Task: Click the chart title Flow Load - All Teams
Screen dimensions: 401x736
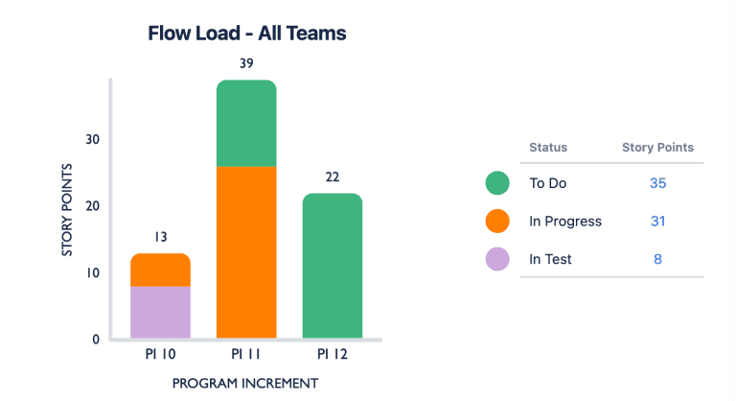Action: [x=246, y=34]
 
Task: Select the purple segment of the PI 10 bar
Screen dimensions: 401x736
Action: [x=160, y=312]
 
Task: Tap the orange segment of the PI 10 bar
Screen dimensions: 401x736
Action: [x=160, y=270]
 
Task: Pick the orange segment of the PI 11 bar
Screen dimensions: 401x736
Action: [x=246, y=252]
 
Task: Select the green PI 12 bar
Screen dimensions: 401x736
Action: [x=333, y=266]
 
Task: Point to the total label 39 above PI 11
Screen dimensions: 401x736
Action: [x=246, y=63]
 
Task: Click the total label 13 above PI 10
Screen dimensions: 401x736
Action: [x=160, y=237]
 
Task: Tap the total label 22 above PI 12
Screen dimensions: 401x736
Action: [x=333, y=177]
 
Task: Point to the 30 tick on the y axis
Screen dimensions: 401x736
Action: [x=92, y=139]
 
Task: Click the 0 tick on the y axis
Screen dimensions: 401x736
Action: [x=96, y=340]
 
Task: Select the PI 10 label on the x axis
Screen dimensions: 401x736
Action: [x=160, y=355]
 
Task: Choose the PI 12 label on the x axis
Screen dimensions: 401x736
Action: [x=333, y=355]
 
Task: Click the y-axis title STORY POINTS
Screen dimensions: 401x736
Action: [x=68, y=210]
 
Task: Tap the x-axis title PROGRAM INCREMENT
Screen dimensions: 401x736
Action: [x=246, y=383]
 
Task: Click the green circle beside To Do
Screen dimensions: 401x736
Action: [x=496, y=183]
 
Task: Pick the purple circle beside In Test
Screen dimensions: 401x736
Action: [x=496, y=259]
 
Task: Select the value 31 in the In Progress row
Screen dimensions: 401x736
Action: [x=657, y=222]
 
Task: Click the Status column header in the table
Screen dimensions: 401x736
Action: [x=548, y=148]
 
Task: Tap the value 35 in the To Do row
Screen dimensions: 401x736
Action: [x=657, y=183]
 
